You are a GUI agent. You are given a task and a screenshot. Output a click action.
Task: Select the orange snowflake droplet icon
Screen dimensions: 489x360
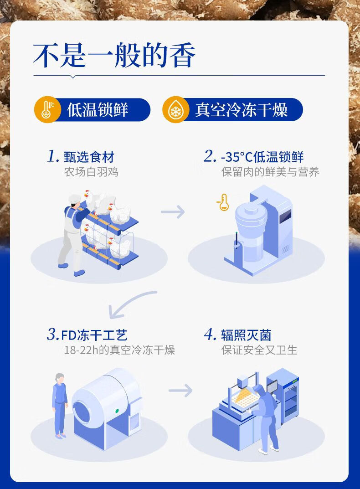click(175, 110)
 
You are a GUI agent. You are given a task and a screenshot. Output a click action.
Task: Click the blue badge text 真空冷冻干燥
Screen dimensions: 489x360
click(241, 110)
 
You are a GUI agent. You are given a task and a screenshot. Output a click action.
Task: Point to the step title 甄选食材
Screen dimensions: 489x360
click(89, 158)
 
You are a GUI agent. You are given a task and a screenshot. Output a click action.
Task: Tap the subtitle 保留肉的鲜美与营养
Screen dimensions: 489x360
click(270, 172)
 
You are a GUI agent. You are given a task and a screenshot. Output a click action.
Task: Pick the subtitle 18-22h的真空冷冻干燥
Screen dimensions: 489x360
click(119, 350)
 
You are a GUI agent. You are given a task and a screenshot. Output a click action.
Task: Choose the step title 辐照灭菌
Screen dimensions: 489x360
click(246, 335)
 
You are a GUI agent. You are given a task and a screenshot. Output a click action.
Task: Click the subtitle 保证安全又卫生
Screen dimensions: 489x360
click(259, 350)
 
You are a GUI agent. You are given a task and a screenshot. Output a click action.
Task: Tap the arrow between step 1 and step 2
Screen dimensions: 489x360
click(173, 212)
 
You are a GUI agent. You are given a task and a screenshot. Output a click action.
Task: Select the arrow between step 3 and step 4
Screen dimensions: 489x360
click(180, 391)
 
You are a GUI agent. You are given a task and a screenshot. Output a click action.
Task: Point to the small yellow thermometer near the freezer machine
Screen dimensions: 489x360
click(223, 202)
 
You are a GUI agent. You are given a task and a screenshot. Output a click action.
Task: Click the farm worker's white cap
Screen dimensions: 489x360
click(73, 198)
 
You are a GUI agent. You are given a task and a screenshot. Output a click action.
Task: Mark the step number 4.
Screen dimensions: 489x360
click(210, 335)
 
